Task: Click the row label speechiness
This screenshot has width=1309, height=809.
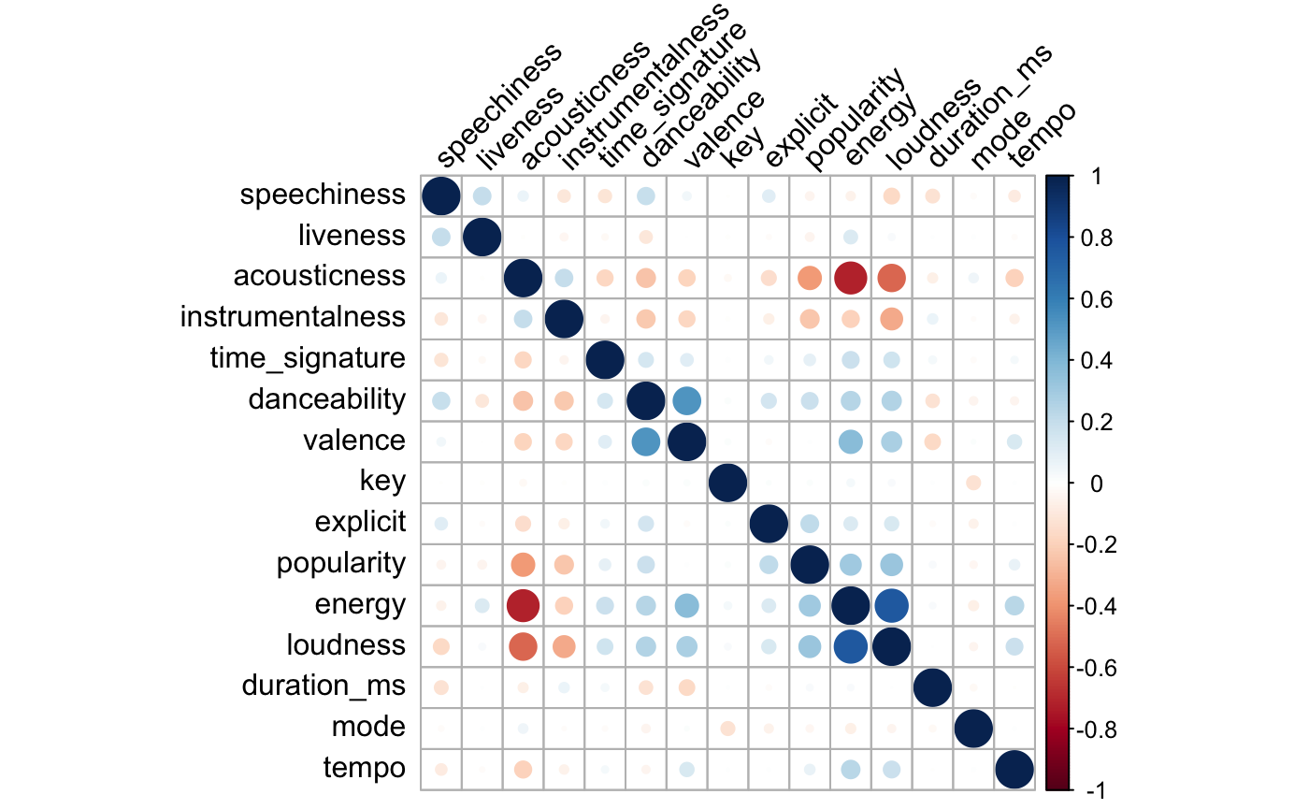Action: tap(322, 195)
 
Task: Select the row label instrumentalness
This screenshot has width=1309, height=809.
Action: tap(293, 318)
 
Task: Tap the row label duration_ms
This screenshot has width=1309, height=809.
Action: tap(324, 686)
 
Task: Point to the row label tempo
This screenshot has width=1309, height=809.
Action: tap(364, 769)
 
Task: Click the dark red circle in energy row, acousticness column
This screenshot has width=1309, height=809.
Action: tap(523, 605)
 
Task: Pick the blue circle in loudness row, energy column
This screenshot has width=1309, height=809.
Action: tap(850, 646)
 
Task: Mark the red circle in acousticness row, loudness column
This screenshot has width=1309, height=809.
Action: tap(891, 278)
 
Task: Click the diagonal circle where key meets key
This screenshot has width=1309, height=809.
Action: tap(727, 483)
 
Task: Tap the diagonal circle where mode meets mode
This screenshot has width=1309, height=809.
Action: tap(973, 728)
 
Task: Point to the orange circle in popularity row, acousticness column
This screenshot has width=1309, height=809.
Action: tap(523, 565)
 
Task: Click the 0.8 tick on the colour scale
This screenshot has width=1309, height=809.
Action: tap(1094, 238)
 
